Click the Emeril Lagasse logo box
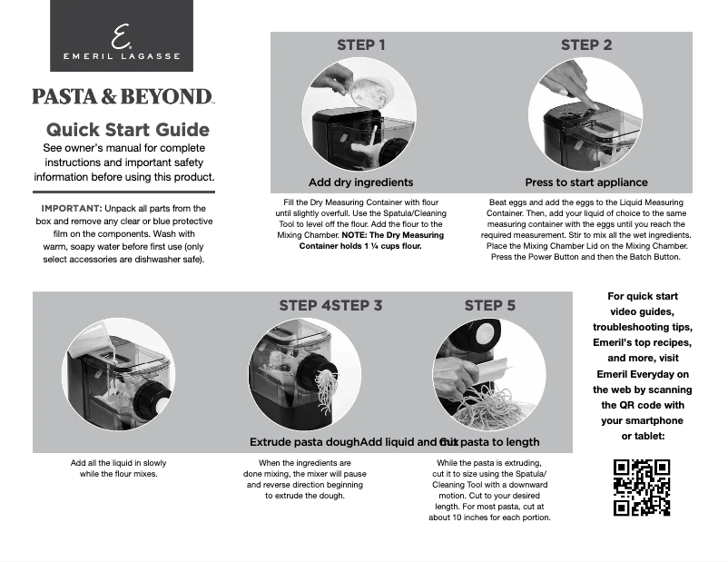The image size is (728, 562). tap(121, 36)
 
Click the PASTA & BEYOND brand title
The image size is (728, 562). tap(123, 96)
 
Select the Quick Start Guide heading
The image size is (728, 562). tap(128, 130)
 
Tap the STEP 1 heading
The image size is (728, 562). tap(360, 45)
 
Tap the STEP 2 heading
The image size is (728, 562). tap(585, 45)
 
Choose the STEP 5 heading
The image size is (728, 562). tap(489, 306)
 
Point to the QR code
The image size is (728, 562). tap(642, 488)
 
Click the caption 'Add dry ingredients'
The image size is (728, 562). tap(360, 182)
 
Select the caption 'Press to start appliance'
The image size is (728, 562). tap(586, 182)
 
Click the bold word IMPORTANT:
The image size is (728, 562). tap(71, 209)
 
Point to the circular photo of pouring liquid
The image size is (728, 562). tap(117, 375)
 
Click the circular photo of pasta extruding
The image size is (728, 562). tap(304, 375)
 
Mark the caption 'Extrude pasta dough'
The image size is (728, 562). tap(304, 442)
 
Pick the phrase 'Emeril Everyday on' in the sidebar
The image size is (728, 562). tap(642, 374)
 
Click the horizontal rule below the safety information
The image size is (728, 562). tap(123, 192)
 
